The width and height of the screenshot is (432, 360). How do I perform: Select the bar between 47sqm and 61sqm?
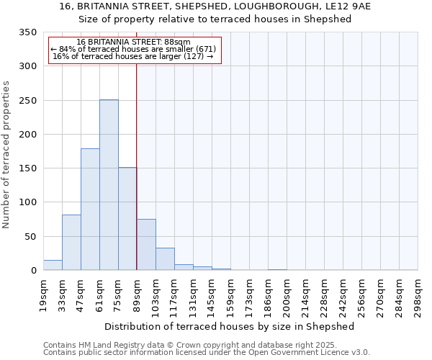[x=90, y=210]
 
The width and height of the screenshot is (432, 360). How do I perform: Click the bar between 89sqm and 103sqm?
[x=146, y=245]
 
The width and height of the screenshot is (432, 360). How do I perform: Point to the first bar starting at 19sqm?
[x=53, y=265]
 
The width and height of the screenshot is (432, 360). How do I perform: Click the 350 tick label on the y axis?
[x=27, y=32]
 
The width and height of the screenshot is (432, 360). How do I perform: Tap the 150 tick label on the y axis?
[x=27, y=168]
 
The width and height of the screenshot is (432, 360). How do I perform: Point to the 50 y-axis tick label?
[x=30, y=236]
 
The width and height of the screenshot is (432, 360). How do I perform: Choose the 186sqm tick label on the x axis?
[x=269, y=296]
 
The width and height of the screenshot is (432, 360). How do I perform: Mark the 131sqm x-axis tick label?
[x=194, y=296]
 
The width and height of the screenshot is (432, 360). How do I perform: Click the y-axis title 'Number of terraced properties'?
[x=6, y=155]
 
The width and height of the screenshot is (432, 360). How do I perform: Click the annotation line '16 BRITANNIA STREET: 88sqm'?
[x=133, y=42]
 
